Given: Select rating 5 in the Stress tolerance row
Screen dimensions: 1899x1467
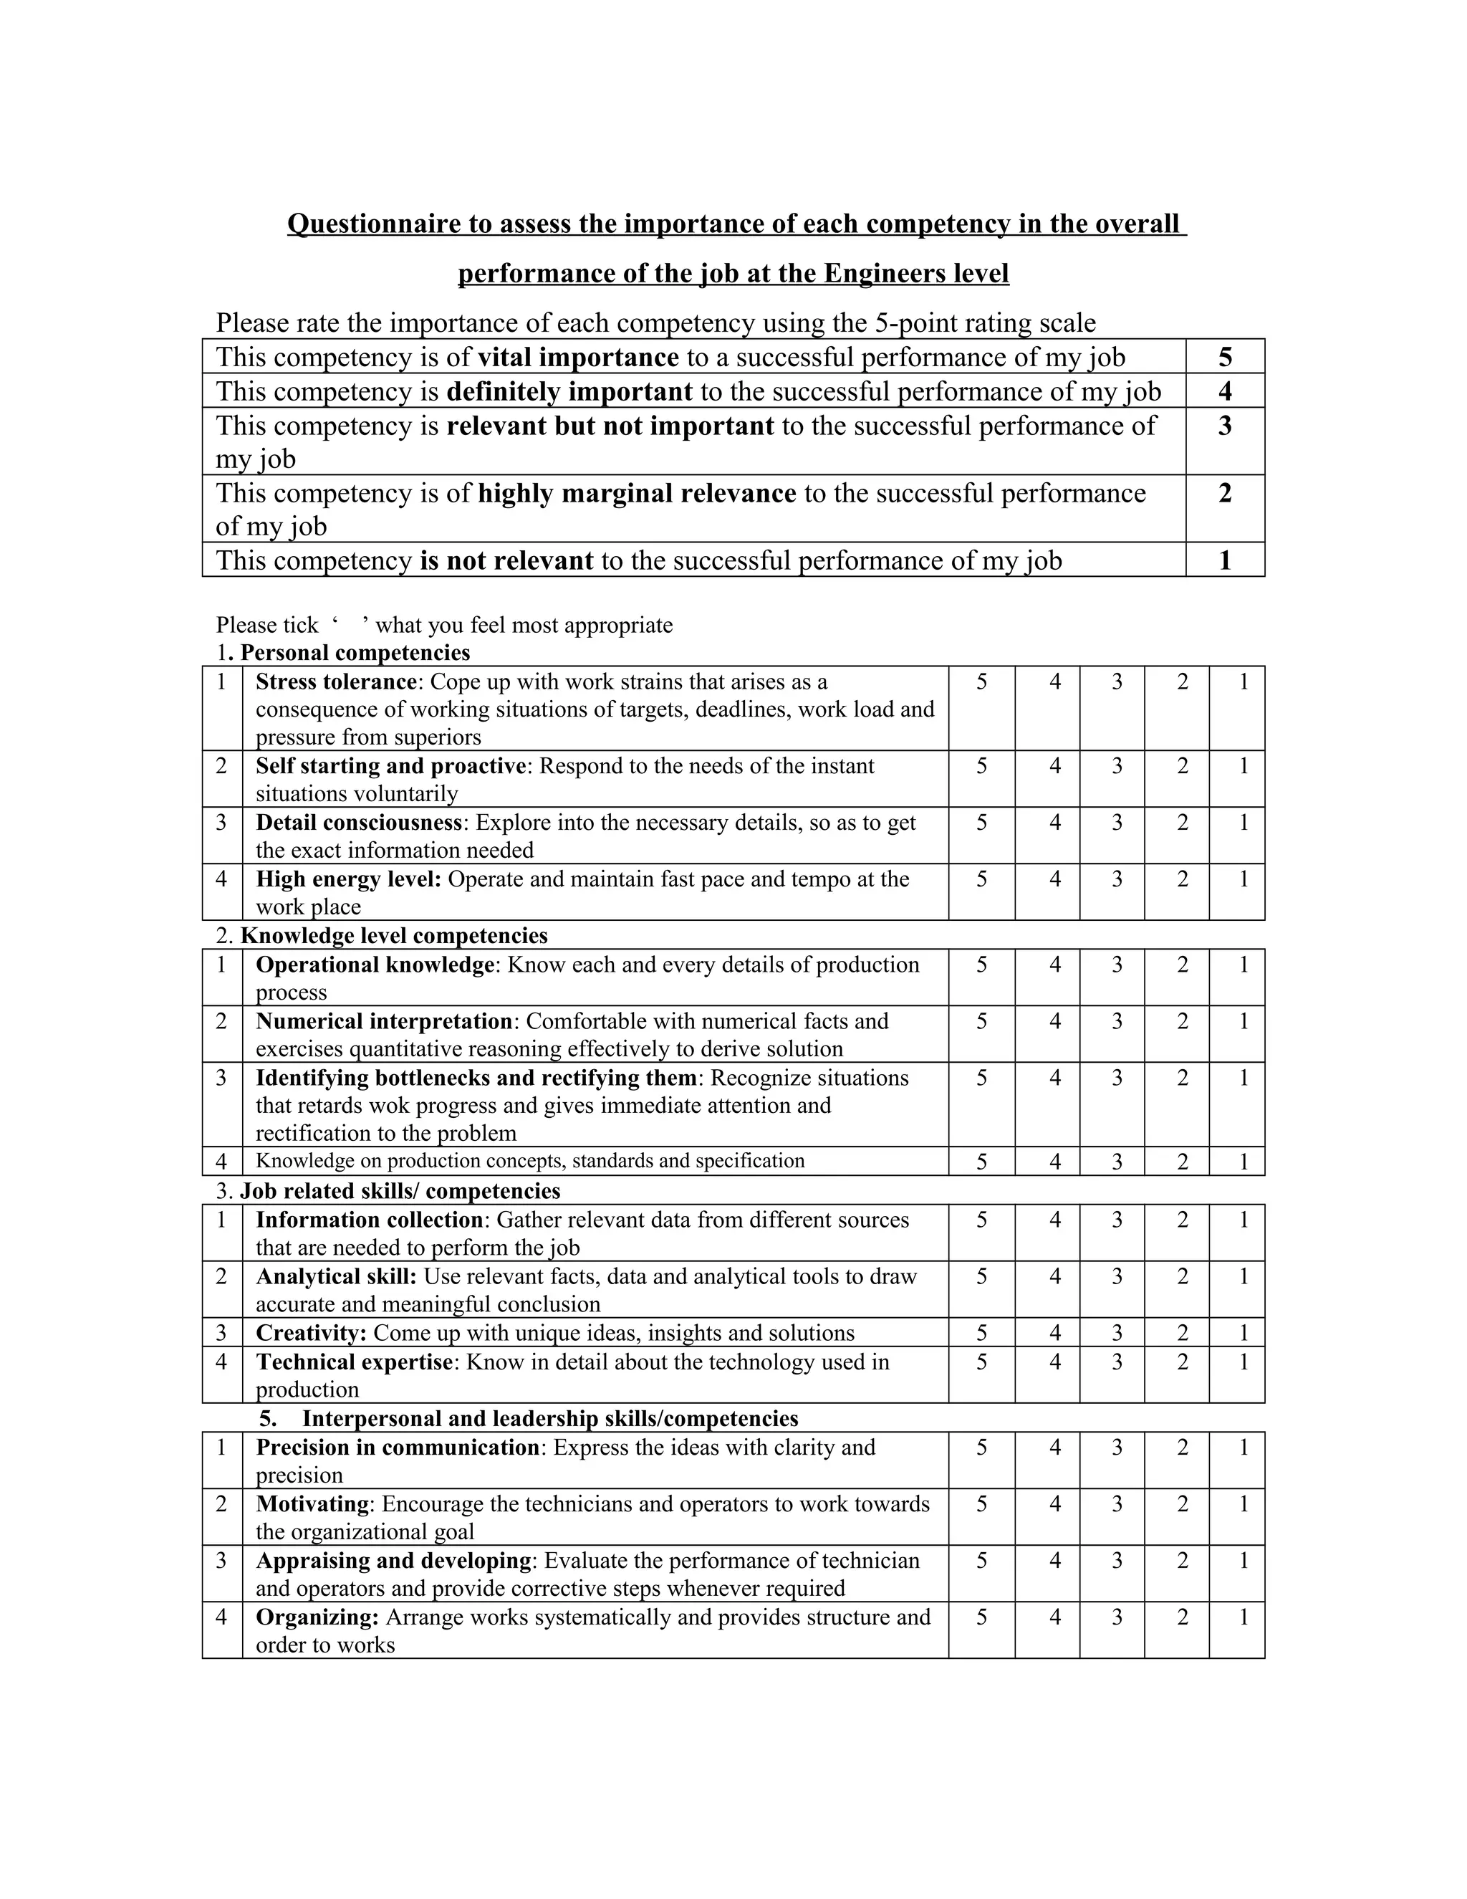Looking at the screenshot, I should tap(981, 682).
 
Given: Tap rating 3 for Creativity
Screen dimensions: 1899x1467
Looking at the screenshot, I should tap(1117, 1333).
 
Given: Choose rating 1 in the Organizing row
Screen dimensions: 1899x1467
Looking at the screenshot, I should tap(1243, 1617).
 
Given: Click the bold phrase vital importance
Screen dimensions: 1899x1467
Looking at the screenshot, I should tap(578, 358).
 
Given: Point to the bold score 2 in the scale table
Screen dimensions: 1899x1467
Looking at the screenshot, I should tap(1224, 493).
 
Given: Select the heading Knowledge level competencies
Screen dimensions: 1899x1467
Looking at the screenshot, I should tap(394, 936).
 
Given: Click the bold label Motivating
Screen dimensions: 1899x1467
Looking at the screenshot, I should tap(313, 1504).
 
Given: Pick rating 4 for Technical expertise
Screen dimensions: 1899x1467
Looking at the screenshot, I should tap(1054, 1362).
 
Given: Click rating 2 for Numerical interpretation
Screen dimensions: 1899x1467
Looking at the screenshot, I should tap(1182, 1020).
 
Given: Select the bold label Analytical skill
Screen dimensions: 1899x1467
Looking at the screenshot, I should tap(335, 1276).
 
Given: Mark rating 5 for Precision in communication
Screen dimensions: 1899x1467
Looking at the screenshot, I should tap(981, 1448).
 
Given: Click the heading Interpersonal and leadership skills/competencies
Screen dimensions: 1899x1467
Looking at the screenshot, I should tap(549, 1419).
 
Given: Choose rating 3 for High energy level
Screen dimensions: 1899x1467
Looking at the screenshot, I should tap(1117, 879).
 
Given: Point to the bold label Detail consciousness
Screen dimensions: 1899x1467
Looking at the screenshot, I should tap(358, 823).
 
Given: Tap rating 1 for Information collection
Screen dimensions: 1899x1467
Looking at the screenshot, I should tap(1243, 1220).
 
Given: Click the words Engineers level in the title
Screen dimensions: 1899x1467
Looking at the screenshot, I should tap(916, 274).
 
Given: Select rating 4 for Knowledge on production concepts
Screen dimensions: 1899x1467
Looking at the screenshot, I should tap(1054, 1162).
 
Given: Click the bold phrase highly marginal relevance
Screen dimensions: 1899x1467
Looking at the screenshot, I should tap(636, 493).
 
